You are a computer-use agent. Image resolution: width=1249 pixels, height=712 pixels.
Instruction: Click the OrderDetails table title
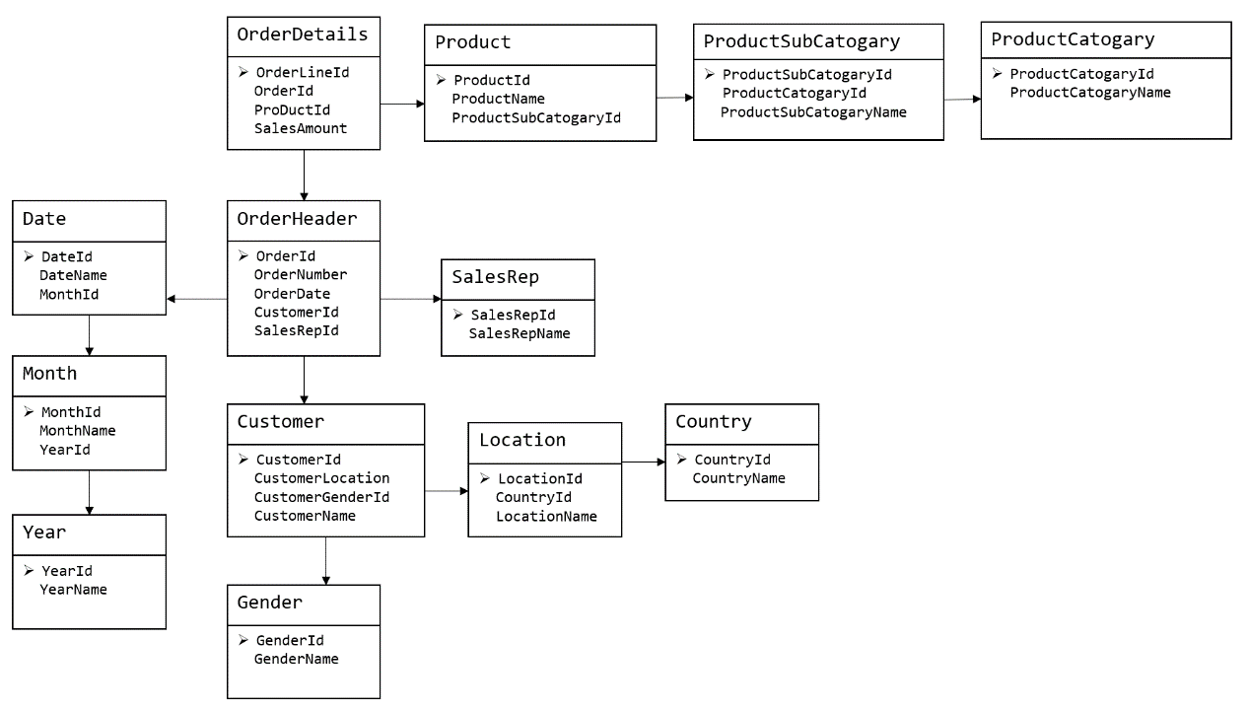pyautogui.click(x=303, y=35)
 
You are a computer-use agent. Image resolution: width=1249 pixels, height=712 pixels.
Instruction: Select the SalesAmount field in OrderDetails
pyautogui.click(x=301, y=128)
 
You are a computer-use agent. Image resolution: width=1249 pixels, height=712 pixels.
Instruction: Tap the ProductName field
pyautogui.click(x=498, y=99)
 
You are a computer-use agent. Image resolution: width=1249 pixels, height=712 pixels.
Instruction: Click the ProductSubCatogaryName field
pyautogui.click(x=813, y=112)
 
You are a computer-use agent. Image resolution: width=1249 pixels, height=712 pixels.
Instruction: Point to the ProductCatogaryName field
pyautogui.click(x=1090, y=92)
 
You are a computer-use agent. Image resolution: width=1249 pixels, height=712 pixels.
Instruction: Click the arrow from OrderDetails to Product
pyautogui.click(x=402, y=104)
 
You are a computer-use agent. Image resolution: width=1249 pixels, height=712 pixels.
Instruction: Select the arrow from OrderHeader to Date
pyautogui.click(x=197, y=299)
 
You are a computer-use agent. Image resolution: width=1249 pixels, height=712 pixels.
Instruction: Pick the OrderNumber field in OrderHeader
pyautogui.click(x=301, y=274)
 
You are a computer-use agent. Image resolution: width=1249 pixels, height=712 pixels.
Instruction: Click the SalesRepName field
pyautogui.click(x=520, y=333)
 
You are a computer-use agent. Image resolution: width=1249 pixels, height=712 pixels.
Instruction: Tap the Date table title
pyautogui.click(x=44, y=219)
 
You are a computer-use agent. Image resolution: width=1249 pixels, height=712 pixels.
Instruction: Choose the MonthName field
pyautogui.click(x=78, y=431)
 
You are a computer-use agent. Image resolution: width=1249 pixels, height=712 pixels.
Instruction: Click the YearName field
pyautogui.click(x=73, y=590)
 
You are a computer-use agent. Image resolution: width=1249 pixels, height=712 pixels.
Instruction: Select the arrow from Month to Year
pyautogui.click(x=89, y=492)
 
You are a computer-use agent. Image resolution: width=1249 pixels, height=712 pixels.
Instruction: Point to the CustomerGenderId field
pyautogui.click(x=321, y=497)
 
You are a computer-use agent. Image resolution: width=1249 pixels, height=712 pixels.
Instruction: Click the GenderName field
pyautogui.click(x=296, y=659)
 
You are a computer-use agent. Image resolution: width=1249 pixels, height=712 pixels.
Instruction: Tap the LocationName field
pyautogui.click(x=546, y=516)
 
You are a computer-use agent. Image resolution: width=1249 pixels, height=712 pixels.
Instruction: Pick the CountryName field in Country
pyautogui.click(x=738, y=478)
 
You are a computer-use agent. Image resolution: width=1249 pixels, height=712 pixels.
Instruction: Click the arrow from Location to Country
pyautogui.click(x=644, y=463)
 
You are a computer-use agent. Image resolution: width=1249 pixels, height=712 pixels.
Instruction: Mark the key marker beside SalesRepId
pyautogui.click(x=458, y=315)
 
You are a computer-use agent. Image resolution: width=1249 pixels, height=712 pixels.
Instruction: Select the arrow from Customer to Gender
pyautogui.click(x=325, y=561)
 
